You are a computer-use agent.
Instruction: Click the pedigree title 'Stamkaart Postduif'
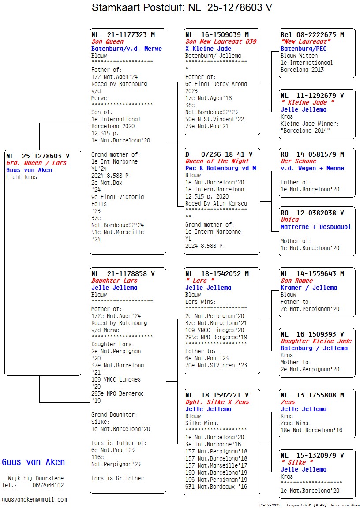click(139, 7)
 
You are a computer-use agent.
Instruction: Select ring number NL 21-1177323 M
click(123, 35)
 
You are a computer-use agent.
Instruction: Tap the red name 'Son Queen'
click(107, 42)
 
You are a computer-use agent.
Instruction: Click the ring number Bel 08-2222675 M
click(312, 35)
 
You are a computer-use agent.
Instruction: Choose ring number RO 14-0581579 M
click(312, 154)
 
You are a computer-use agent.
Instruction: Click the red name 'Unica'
click(289, 220)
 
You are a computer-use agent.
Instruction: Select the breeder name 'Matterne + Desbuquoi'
click(315, 227)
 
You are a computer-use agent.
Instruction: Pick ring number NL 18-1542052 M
click(217, 274)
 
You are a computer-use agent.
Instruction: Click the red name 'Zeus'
click(288, 402)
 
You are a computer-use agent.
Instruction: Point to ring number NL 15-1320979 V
click(312, 456)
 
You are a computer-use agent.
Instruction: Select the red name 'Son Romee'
click(296, 281)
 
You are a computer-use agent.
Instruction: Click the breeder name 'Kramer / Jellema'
click(308, 288)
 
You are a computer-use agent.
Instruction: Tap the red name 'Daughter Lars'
click(114, 281)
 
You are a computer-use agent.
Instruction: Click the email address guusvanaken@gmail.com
click(34, 499)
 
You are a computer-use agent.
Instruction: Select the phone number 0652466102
click(48, 485)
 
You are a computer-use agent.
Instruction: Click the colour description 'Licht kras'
click(22, 177)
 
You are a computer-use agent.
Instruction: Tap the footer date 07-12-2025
click(269, 505)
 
